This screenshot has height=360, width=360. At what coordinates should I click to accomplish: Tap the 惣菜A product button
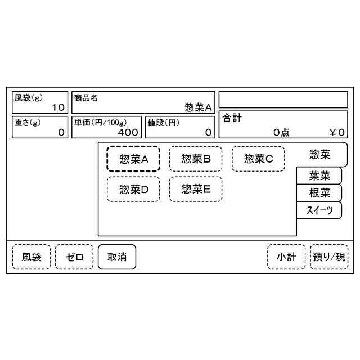tap(133, 159)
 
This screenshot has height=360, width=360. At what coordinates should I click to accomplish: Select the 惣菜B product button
tap(196, 159)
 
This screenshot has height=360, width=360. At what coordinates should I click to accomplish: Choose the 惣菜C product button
tap(258, 159)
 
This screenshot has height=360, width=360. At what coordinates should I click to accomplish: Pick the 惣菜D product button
tap(133, 189)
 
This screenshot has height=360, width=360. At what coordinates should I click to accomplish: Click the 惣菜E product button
tap(196, 189)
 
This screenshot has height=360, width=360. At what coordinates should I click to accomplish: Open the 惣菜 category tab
tap(319, 154)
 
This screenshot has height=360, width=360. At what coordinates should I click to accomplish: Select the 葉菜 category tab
tap(319, 175)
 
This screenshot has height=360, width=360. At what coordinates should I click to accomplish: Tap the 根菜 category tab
tap(319, 193)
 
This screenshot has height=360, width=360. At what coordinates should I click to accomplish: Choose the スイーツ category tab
tap(319, 210)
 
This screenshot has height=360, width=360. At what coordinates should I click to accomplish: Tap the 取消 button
tap(117, 257)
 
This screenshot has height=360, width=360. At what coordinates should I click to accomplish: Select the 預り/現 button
tap(329, 257)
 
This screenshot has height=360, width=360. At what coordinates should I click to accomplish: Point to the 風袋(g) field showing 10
tap(39, 102)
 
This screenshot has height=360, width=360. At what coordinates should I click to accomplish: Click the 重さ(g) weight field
tap(39, 127)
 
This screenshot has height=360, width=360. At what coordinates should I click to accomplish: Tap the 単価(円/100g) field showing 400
tap(106, 127)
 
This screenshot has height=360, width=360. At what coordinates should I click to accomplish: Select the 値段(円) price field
tap(180, 127)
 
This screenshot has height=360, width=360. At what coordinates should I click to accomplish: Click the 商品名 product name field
tap(143, 102)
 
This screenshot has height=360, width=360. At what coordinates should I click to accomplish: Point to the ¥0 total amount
tap(337, 133)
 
